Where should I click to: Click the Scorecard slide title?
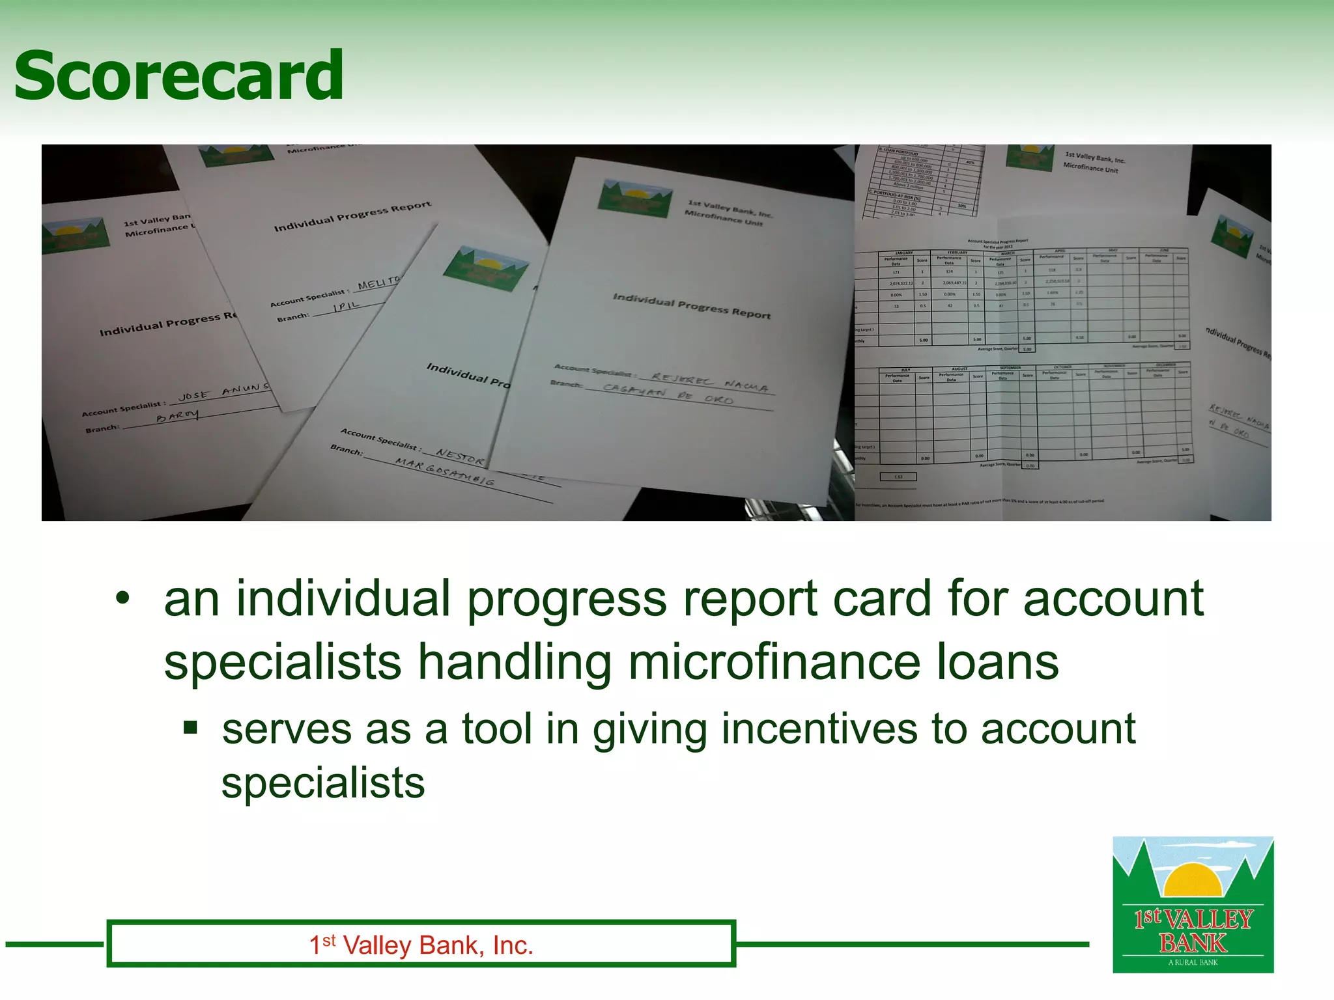(178, 76)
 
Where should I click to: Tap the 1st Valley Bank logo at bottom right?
(1193, 904)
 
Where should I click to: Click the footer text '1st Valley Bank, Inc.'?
(421, 945)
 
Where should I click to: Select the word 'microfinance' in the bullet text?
(774, 662)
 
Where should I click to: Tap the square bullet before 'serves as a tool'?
(190, 727)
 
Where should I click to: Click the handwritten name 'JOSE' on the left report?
(193, 395)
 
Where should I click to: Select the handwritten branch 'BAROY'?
(177, 415)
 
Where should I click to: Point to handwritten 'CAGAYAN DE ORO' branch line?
(668, 395)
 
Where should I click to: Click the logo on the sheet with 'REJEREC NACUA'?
(636, 199)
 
